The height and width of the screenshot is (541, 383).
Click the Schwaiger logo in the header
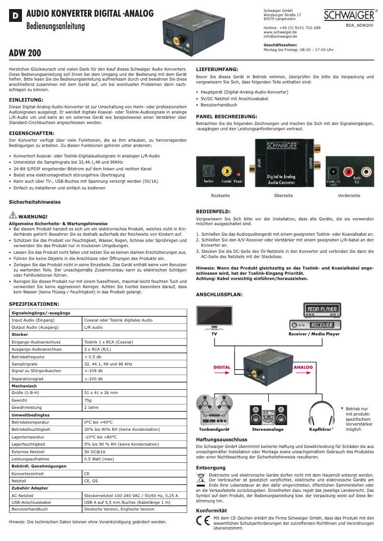point(350,16)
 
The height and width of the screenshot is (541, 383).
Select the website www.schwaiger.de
point(280,31)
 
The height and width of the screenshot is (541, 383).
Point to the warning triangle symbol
point(13,216)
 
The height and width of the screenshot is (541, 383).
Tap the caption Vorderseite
point(349,196)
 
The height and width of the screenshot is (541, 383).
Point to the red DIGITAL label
point(222,367)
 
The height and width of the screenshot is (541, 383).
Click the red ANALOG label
point(303,367)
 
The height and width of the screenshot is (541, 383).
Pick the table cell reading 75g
point(88,400)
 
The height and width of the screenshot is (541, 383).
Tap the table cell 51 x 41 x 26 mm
point(101,393)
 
